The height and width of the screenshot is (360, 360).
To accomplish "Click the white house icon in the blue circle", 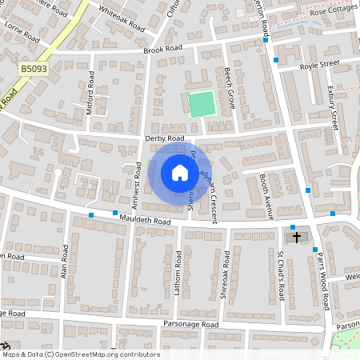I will click(179, 172).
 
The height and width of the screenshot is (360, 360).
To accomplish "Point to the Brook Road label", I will click(163, 50).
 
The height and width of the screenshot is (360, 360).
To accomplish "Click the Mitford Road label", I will click(90, 93).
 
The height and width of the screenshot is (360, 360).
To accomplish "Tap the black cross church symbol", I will click(297, 237).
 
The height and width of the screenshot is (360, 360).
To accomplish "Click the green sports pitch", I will click(202, 103).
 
